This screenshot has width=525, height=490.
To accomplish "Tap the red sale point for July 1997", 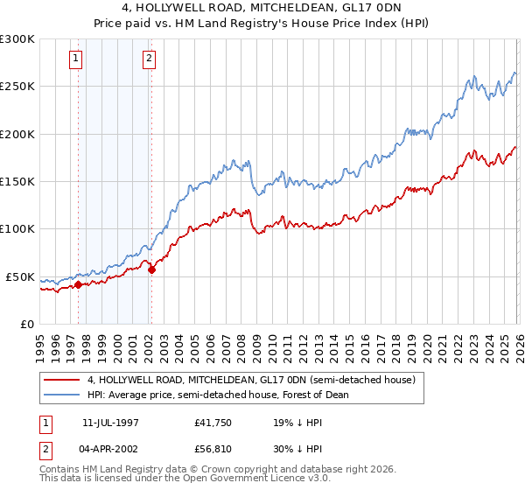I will [78, 284].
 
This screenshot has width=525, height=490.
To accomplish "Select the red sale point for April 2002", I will [151, 269].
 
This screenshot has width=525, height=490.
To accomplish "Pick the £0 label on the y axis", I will [26, 324].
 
